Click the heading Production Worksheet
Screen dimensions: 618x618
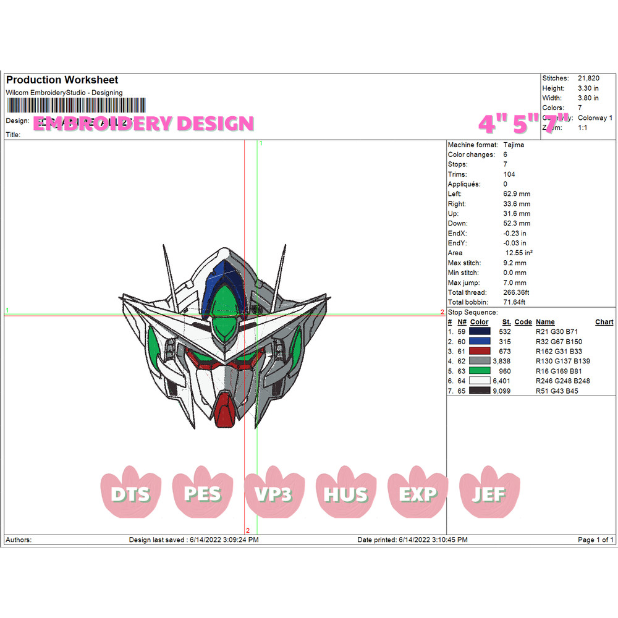coord(62,80)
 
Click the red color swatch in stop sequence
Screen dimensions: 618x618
coord(480,351)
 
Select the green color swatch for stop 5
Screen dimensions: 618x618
coord(480,371)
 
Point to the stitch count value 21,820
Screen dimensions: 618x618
coord(589,78)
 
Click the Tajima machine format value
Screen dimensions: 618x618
coord(515,145)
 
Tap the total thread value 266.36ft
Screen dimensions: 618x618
coord(519,292)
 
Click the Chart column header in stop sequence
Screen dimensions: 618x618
coord(604,322)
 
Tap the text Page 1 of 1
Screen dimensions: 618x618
coord(596,540)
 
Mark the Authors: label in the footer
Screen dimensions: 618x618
coord(19,540)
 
